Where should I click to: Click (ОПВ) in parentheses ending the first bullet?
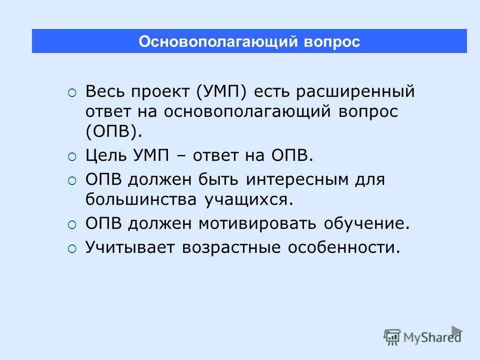pyautogui.click(x=113, y=131)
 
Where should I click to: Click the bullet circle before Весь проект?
pyautogui.click(x=72, y=93)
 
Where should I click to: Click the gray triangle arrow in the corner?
pyautogui.click(x=456, y=330)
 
